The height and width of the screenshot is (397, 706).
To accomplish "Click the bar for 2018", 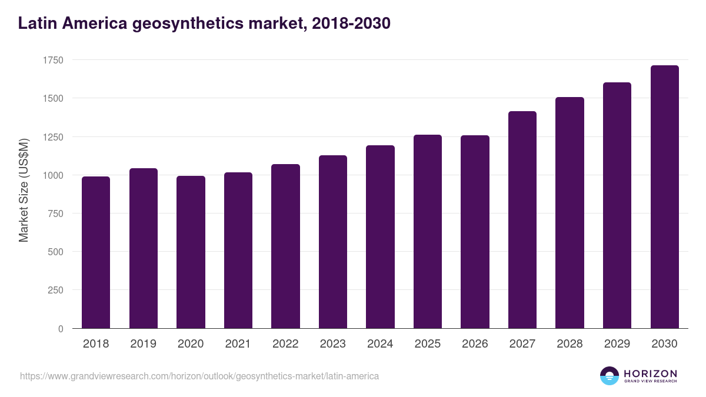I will (x=96, y=252).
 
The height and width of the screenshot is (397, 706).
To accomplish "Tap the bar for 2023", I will (x=332, y=242).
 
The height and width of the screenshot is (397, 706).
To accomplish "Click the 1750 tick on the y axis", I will (x=53, y=60).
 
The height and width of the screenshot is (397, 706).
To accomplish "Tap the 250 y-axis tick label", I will (x=55, y=290).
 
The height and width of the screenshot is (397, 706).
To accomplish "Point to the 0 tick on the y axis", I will (x=61, y=329).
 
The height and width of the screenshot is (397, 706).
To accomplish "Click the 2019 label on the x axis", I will (x=144, y=344).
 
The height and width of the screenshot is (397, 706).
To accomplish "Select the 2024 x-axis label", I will (x=380, y=344).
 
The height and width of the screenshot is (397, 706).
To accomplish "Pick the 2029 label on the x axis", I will (x=617, y=344).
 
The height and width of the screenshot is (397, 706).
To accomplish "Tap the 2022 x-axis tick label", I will (x=285, y=344).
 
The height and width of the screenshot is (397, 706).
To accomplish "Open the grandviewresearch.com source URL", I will (x=199, y=376).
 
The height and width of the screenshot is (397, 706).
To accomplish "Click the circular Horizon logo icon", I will (x=610, y=376).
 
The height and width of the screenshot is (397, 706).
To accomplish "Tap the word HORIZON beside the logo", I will (x=650, y=373).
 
